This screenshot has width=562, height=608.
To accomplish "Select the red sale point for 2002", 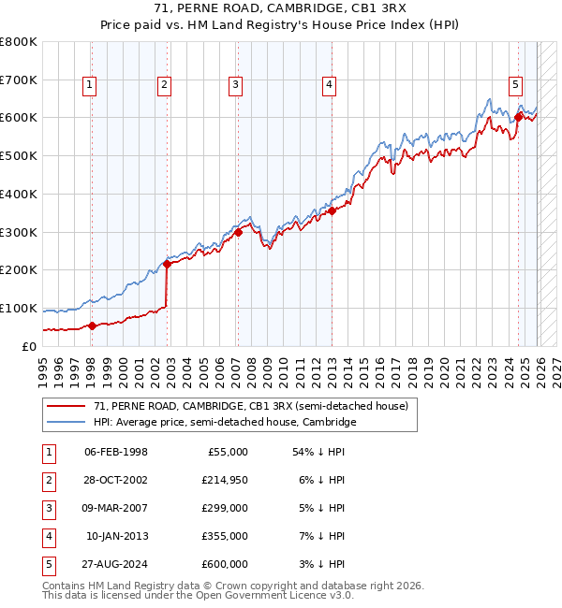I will (168, 264).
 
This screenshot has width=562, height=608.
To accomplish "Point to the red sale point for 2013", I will (332, 211).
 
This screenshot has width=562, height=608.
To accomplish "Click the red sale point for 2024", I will (518, 118).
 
